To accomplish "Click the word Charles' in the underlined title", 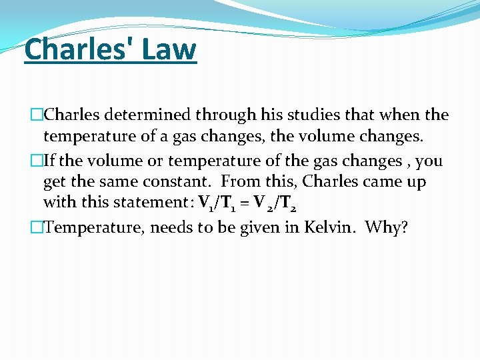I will (77, 49).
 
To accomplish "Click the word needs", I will (173, 228).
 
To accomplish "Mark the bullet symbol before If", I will (37, 161).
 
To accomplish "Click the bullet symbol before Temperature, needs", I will (37, 228).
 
